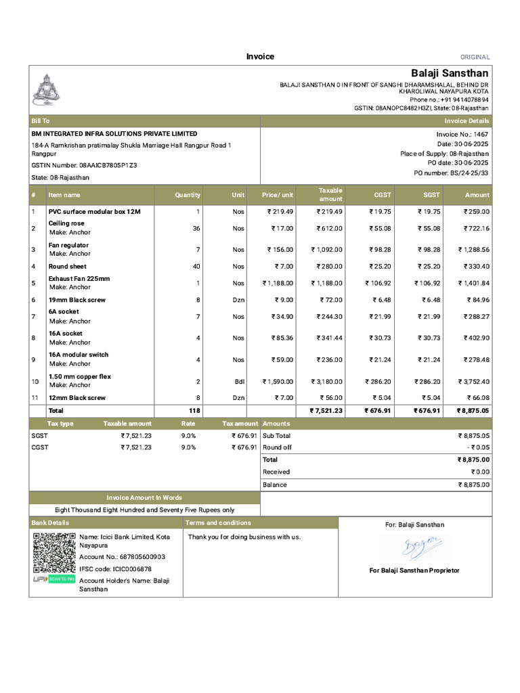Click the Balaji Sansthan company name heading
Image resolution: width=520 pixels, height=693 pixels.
(x=450, y=73)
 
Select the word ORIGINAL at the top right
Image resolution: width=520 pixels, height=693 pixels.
(x=475, y=58)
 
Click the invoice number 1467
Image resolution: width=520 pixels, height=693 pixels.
(x=481, y=135)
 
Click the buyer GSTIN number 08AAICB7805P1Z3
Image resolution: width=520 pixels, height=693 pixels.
(x=108, y=165)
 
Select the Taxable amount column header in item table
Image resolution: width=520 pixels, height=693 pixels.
(x=330, y=195)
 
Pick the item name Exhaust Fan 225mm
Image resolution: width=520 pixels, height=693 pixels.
(x=79, y=279)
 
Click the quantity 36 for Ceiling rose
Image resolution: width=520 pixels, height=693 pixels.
(x=196, y=229)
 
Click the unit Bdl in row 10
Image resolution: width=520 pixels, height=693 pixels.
(x=240, y=382)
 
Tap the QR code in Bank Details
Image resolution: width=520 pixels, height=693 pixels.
(x=53, y=553)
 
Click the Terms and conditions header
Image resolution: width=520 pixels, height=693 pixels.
(x=218, y=523)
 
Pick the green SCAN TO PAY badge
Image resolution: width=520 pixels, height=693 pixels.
(x=62, y=579)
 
